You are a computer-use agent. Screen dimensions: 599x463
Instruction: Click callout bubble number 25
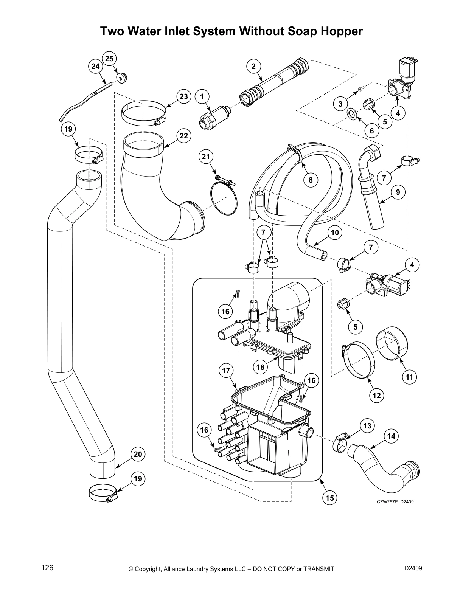[x=109, y=59]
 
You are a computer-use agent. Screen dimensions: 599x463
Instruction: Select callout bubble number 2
[x=254, y=66]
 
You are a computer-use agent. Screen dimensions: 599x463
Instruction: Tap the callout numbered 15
[x=330, y=498]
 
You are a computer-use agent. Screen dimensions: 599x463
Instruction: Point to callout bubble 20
[x=138, y=454]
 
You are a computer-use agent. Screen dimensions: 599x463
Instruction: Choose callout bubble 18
[x=260, y=367]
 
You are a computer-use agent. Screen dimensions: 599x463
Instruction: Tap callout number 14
[x=391, y=436]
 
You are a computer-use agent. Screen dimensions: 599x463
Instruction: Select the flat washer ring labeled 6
[x=351, y=113]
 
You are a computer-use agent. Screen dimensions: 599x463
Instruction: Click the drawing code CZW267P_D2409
[x=395, y=502]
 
